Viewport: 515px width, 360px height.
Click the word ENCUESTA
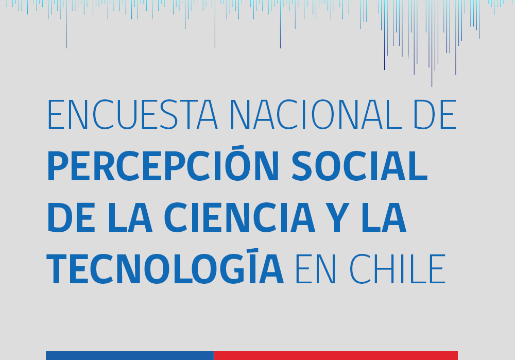tap(132, 114)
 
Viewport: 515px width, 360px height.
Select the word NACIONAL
tap(316, 114)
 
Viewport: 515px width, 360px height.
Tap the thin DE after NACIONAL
tap(435, 114)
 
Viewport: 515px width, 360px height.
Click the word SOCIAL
tap(359, 166)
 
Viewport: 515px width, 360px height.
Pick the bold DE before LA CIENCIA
tap(71, 217)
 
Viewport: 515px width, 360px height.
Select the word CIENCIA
tap(239, 217)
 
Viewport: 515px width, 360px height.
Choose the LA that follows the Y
tap(384, 217)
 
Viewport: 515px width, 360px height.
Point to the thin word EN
tap(316, 269)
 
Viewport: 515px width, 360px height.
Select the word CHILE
tap(397, 269)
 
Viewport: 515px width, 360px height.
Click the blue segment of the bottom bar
tap(130, 355)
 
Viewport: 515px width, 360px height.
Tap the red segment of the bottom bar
tap(336, 355)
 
